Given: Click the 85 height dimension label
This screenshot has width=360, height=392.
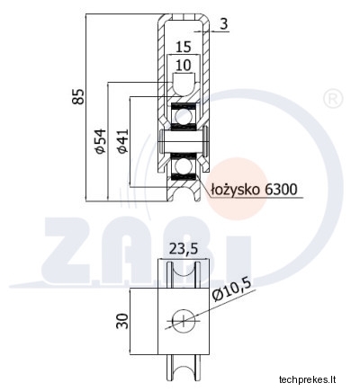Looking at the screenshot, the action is click(x=78, y=96).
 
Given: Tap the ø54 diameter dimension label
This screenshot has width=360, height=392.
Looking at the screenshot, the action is click(x=101, y=141).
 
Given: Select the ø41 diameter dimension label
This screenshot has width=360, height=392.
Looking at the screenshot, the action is click(x=123, y=141).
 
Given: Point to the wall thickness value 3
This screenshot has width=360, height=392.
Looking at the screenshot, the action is click(x=224, y=24).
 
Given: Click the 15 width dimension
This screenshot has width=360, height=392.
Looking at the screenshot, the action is click(x=183, y=47).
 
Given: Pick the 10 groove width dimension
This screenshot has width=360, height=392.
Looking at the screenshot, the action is click(x=183, y=65).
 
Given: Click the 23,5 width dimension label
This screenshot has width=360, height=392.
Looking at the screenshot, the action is click(x=184, y=249).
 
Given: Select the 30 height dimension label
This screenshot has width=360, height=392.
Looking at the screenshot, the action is click(x=122, y=321).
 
